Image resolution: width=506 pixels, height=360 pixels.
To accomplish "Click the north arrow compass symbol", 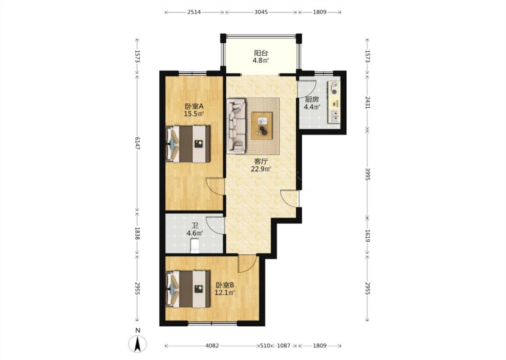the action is (138, 343).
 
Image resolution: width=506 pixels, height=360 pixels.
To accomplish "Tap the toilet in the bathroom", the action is (195, 245).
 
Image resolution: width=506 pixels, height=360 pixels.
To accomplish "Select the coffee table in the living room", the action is (262, 126).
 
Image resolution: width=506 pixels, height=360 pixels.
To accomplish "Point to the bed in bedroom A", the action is (188, 144).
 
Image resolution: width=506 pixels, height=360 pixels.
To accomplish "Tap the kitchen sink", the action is (334, 116).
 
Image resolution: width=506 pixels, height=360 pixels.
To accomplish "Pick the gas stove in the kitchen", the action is (334, 88).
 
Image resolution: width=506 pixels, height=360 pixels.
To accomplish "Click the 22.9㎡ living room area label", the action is (261, 169).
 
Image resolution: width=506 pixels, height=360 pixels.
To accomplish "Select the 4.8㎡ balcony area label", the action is (261, 60).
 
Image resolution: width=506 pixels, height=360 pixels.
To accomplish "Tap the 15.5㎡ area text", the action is (194, 114).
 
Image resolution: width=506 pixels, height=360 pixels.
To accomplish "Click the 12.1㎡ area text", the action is (224, 293).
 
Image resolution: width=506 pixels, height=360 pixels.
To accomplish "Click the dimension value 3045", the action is (261, 12).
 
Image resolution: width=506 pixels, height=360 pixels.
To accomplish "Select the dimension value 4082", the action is (212, 346).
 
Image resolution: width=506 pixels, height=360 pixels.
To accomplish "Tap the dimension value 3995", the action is (367, 174).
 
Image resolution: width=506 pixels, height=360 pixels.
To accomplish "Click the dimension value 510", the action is (265, 346).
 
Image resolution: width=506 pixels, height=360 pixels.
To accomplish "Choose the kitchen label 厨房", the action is (312, 99).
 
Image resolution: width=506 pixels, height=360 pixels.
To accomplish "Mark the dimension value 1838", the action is (138, 234).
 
